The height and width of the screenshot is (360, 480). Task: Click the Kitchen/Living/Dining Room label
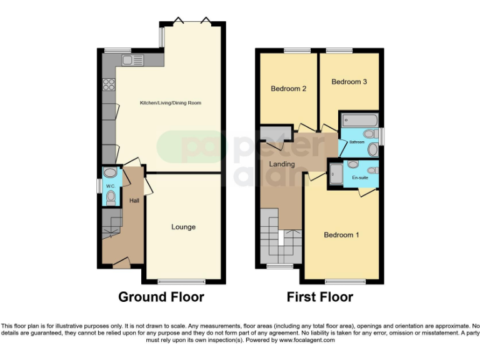(171, 102)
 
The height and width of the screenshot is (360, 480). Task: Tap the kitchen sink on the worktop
(132, 60)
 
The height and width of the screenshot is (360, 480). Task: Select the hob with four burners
(108, 83)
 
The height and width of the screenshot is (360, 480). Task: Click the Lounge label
(183, 227)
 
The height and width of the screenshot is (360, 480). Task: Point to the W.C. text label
(110, 186)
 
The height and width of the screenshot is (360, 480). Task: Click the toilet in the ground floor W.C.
(111, 197)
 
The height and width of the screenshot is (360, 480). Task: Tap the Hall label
(134, 201)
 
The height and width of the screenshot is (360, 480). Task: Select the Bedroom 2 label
(288, 89)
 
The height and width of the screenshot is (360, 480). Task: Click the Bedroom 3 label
(349, 82)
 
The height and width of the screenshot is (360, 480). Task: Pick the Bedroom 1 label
(341, 235)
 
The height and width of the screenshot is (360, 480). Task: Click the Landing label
(282, 164)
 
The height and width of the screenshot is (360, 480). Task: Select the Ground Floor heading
(161, 297)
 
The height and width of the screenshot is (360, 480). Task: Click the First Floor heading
(319, 297)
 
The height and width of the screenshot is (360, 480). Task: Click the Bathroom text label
(357, 142)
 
